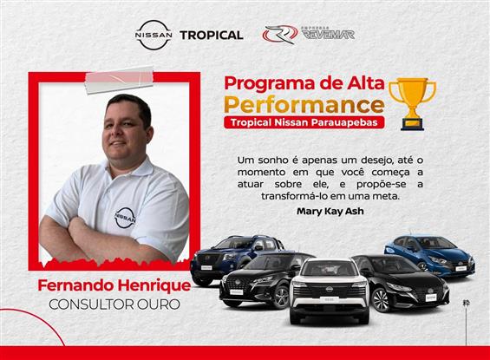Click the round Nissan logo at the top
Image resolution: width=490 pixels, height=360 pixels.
(154, 35)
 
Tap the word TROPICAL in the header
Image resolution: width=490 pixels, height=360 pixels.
(211, 36)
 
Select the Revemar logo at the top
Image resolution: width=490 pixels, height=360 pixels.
(309, 35)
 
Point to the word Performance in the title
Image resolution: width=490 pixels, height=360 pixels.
(304, 105)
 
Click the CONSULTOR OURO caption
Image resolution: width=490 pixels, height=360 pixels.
(108, 304)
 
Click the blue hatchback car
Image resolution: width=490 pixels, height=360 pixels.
(430, 252)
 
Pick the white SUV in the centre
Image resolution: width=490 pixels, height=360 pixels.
(329, 290)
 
